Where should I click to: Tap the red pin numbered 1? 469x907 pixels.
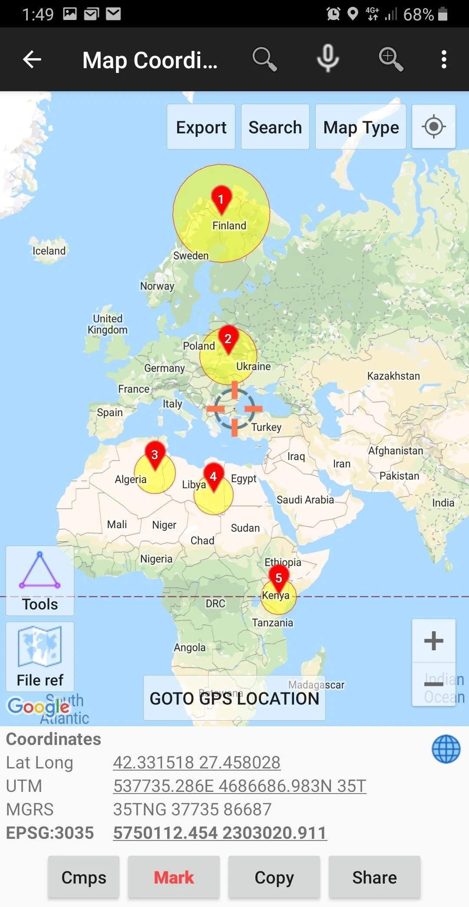(x=221, y=199)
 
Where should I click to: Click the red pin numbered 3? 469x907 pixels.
(x=155, y=454)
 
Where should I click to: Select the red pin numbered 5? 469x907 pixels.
(x=278, y=578)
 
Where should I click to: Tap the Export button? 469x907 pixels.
(x=201, y=127)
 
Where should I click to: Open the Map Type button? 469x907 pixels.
(x=361, y=127)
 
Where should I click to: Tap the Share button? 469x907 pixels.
(x=374, y=877)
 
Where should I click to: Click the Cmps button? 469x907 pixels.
(x=84, y=877)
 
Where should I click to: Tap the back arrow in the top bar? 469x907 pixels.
(x=32, y=60)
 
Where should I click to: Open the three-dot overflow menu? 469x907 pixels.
(x=443, y=60)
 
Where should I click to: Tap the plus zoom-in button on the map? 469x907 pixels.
(x=433, y=641)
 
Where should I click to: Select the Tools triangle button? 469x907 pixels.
(x=40, y=581)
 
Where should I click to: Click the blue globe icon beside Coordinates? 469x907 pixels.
(x=446, y=749)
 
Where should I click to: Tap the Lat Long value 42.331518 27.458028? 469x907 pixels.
(x=197, y=763)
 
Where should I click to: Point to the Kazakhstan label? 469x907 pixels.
(x=393, y=376)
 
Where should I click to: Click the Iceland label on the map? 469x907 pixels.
(x=49, y=251)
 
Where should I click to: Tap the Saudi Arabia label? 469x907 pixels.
(x=305, y=500)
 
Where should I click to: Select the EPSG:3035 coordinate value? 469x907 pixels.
(x=220, y=833)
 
